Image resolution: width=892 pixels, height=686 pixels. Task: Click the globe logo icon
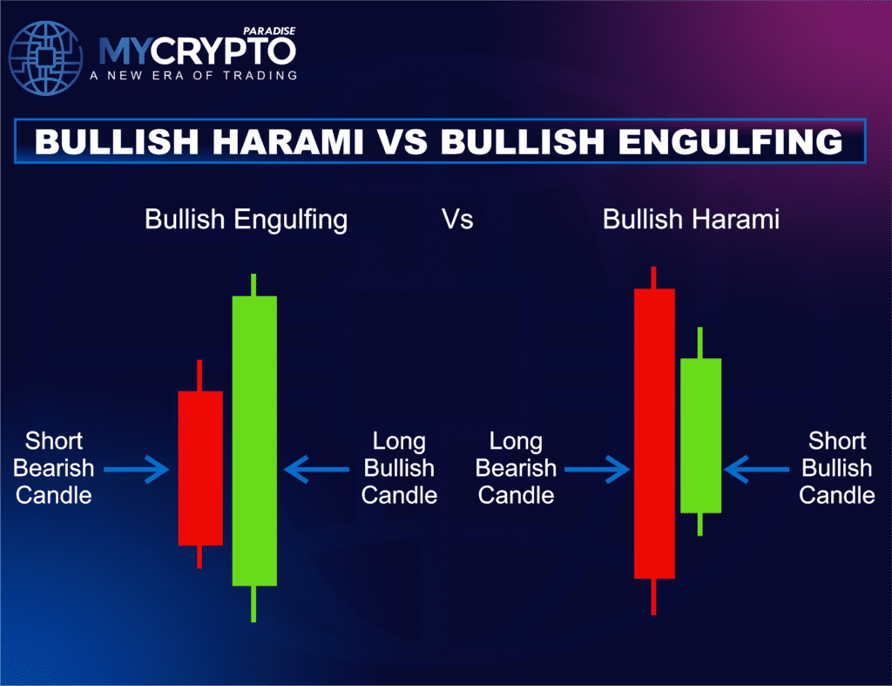coord(44,57)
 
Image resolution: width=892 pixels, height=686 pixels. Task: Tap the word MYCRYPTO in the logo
coord(196,51)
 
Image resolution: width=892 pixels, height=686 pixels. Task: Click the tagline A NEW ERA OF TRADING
coord(193,75)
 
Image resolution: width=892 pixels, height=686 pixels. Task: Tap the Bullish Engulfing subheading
coord(246,219)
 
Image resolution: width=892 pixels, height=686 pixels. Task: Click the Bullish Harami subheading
coord(690,219)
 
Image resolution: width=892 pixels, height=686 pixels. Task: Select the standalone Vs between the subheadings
coord(457,219)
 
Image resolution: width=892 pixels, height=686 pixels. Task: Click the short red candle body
coord(200,468)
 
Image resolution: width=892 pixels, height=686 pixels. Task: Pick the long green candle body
coord(254,440)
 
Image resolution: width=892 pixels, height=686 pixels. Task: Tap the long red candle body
coord(654,433)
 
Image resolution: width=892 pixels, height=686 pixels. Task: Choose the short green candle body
coord(700,435)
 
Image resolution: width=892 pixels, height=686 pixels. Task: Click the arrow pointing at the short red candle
coord(136,470)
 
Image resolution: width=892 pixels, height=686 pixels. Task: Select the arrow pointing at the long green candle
coord(316,470)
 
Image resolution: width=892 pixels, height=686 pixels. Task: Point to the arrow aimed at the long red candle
coord(597,470)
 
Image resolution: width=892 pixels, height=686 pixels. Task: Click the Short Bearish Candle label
coord(54,468)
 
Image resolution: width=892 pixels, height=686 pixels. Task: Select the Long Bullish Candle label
coord(399,468)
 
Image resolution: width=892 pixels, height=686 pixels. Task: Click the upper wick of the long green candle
coord(253,285)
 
